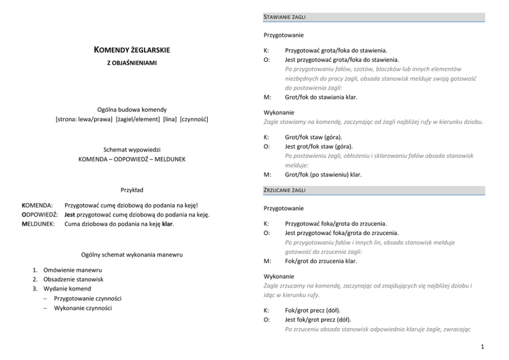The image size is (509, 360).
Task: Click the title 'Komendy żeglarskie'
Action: point(132,50)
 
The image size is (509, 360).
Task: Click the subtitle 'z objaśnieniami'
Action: point(132,63)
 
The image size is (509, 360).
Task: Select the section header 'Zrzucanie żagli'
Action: point(285,190)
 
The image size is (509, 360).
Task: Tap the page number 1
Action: point(482,347)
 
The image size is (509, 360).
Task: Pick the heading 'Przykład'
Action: point(132,190)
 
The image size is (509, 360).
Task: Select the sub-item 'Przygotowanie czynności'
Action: point(87,298)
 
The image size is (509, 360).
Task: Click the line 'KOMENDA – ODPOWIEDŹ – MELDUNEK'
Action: point(132,159)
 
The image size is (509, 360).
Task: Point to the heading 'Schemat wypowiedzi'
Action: point(132,150)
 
